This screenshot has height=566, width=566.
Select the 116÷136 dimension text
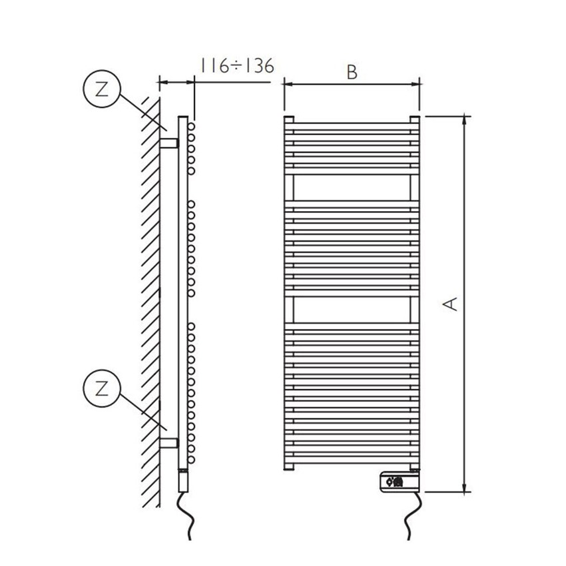233,67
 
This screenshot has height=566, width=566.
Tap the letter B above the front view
352,73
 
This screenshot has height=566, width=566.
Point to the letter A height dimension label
451,303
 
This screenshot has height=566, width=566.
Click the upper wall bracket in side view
169,143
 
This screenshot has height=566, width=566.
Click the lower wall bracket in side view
169,442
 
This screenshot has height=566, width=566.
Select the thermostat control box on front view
399,479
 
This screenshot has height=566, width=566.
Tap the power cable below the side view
186,516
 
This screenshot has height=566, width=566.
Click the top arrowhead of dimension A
465,121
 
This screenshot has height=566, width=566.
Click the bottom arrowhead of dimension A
465,488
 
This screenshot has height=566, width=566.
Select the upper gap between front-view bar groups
352,189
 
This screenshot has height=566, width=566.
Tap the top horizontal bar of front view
352,123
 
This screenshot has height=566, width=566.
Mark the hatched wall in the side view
148,300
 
